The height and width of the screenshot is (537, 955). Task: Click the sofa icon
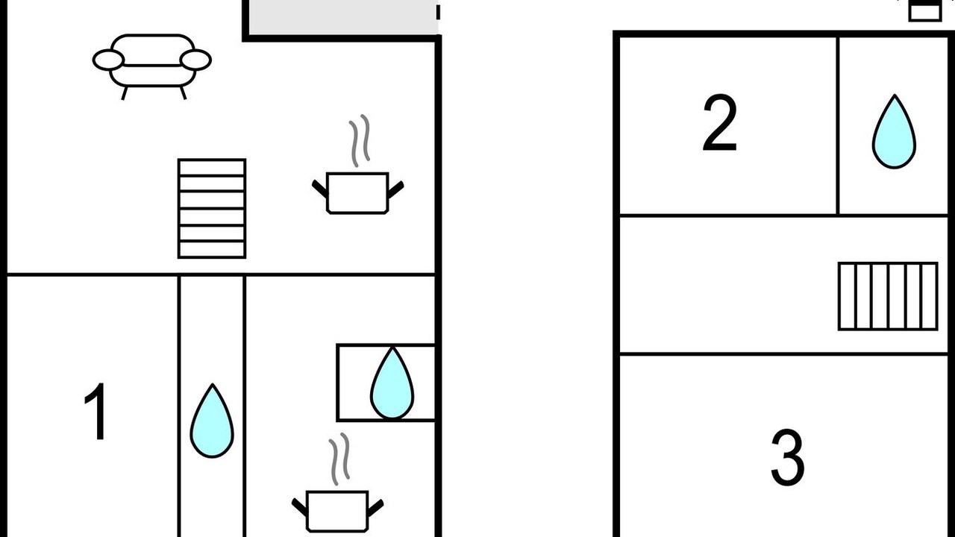pyautogui.click(x=151, y=66)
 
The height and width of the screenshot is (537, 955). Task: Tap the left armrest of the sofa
pyautogui.click(x=108, y=60)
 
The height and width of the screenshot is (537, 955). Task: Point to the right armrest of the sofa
pyautogui.click(x=195, y=60)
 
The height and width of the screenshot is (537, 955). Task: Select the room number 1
pyautogui.click(x=96, y=411)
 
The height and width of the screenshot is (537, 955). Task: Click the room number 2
pyautogui.click(x=720, y=123)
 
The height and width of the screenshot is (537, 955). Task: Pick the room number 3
pyautogui.click(x=788, y=458)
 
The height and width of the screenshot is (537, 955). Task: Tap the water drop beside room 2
pyautogui.click(x=894, y=132)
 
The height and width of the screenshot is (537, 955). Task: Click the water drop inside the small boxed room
pyautogui.click(x=392, y=383)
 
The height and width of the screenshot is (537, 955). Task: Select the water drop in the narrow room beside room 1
pyautogui.click(x=212, y=421)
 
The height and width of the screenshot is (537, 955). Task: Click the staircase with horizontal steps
pyautogui.click(x=212, y=208)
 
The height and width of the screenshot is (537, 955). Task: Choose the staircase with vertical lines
pyautogui.click(x=888, y=296)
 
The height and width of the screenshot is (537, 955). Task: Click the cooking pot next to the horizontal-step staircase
pyautogui.click(x=357, y=192)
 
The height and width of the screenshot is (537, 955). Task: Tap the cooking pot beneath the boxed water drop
pyautogui.click(x=337, y=512)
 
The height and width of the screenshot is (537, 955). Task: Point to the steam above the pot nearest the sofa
pyautogui.click(x=360, y=141)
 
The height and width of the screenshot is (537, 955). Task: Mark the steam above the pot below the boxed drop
pyautogui.click(x=339, y=459)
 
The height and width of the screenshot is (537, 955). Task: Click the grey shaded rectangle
pyautogui.click(x=343, y=17)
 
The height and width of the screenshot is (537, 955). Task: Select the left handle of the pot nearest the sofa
pyautogui.click(x=320, y=189)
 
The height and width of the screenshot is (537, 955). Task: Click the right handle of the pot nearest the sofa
pyautogui.click(x=396, y=189)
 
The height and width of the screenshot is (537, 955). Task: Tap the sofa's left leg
pyautogui.click(x=125, y=93)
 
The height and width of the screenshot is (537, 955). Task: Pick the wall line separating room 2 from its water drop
pyautogui.click(x=838, y=126)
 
